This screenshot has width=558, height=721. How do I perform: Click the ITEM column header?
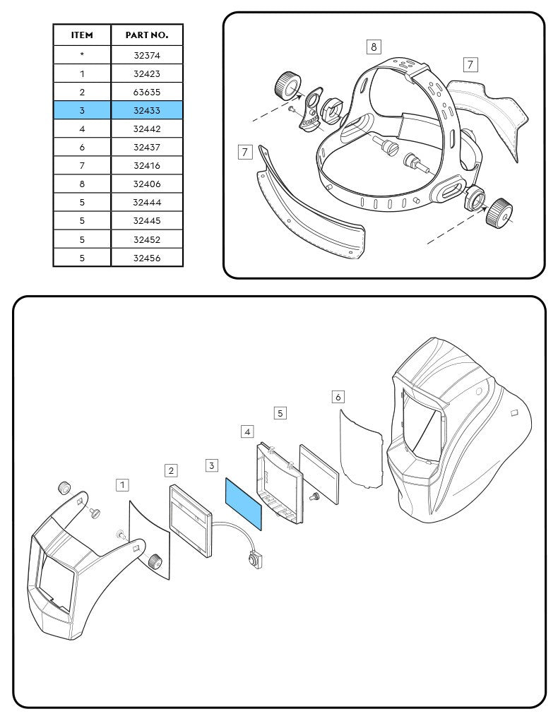(x=82, y=35)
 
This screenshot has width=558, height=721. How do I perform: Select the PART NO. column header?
(x=147, y=35)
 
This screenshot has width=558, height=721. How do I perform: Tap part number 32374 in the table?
(x=147, y=54)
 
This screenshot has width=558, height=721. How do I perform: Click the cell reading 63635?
(x=147, y=92)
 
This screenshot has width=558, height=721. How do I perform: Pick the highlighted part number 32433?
(x=147, y=110)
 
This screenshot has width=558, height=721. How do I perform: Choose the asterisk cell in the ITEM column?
(x=82, y=54)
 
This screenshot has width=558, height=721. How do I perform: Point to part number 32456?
(x=147, y=258)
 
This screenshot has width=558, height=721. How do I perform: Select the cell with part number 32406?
(x=147, y=184)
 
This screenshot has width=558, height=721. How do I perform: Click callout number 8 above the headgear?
(x=374, y=47)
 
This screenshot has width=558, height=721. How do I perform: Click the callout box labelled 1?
(x=123, y=484)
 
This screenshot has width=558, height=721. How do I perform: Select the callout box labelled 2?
(x=171, y=470)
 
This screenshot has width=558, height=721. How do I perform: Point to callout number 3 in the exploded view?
(x=212, y=465)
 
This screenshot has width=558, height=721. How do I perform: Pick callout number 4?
(x=247, y=431)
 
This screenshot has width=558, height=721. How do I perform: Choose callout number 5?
(x=280, y=412)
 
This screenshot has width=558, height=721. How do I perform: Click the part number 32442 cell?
(x=147, y=129)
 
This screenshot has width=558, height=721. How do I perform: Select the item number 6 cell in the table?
(x=82, y=147)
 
